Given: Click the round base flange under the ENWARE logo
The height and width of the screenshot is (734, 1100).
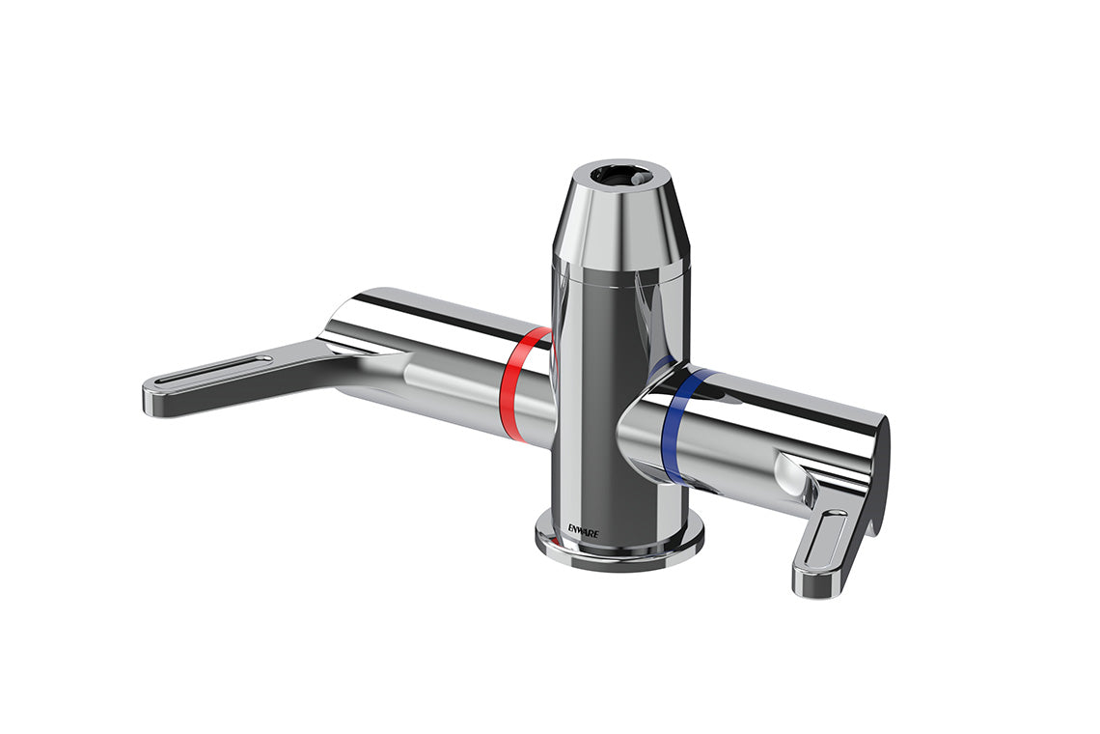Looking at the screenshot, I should (x=618, y=550).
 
